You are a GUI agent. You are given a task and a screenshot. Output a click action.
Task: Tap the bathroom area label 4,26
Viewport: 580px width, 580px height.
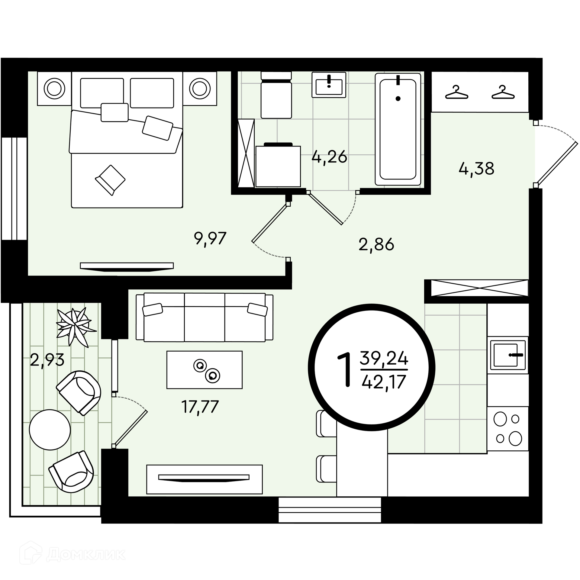(329, 156)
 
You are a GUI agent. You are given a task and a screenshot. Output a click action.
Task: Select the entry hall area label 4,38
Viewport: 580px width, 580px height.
(476, 168)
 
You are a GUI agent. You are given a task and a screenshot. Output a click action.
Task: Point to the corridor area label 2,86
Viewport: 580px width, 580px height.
(376, 244)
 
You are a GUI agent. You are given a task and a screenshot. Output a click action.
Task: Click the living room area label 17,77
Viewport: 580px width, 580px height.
(200, 407)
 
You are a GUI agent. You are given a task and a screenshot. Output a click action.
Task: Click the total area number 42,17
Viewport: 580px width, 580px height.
(384, 382)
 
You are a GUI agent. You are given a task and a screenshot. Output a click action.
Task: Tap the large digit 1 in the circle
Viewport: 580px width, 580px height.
(345, 370)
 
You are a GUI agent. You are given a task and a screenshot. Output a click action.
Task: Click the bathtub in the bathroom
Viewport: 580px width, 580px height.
(398, 129)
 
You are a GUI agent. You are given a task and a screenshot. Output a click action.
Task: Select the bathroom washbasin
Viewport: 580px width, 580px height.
(329, 85)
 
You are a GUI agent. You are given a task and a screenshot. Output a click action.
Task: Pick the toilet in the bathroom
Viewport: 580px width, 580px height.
(276, 95)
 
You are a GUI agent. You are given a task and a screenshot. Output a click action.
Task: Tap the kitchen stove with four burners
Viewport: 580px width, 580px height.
(508, 428)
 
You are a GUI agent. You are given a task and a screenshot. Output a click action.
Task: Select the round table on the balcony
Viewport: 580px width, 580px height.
(50, 430)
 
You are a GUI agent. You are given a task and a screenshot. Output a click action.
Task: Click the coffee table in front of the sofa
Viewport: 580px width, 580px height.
(205, 369)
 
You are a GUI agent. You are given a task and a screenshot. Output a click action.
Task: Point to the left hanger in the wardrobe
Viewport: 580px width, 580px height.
(456, 92)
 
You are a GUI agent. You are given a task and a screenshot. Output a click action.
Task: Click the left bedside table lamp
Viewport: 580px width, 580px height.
(54, 89)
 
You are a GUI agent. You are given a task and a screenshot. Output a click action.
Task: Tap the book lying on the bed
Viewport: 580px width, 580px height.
(110, 180)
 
